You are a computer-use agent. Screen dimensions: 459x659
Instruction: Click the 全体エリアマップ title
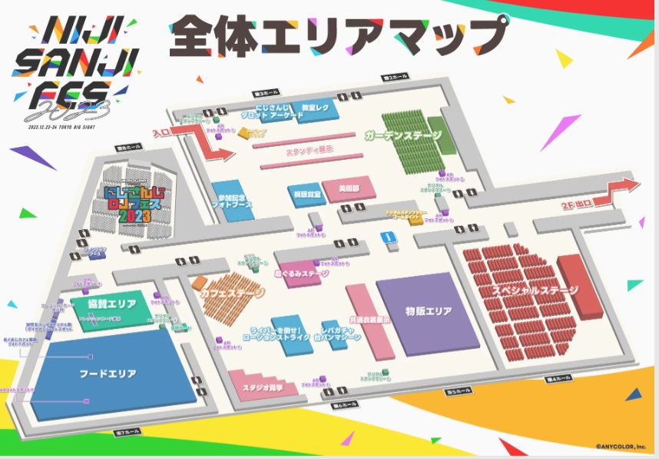[339, 35]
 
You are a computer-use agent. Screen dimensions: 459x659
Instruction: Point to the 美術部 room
[343, 188]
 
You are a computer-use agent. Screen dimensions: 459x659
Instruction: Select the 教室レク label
[316, 108]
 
